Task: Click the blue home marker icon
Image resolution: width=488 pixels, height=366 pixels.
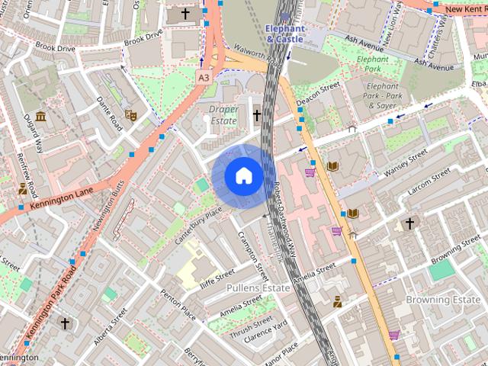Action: click(243, 176)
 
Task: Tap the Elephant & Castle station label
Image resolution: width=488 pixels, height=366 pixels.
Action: click(285, 34)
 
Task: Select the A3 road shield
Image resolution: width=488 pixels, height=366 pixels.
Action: click(204, 78)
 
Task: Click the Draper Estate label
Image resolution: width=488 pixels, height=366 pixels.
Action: click(223, 115)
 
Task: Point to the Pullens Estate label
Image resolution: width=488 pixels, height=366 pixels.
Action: click(258, 288)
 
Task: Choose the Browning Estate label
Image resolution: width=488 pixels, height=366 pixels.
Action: click(442, 300)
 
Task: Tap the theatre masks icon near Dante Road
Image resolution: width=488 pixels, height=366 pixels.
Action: click(130, 116)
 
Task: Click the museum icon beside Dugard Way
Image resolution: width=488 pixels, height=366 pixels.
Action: click(40, 117)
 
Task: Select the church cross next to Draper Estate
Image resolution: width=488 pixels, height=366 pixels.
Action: click(257, 116)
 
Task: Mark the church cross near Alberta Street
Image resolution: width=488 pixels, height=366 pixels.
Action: click(65, 323)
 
